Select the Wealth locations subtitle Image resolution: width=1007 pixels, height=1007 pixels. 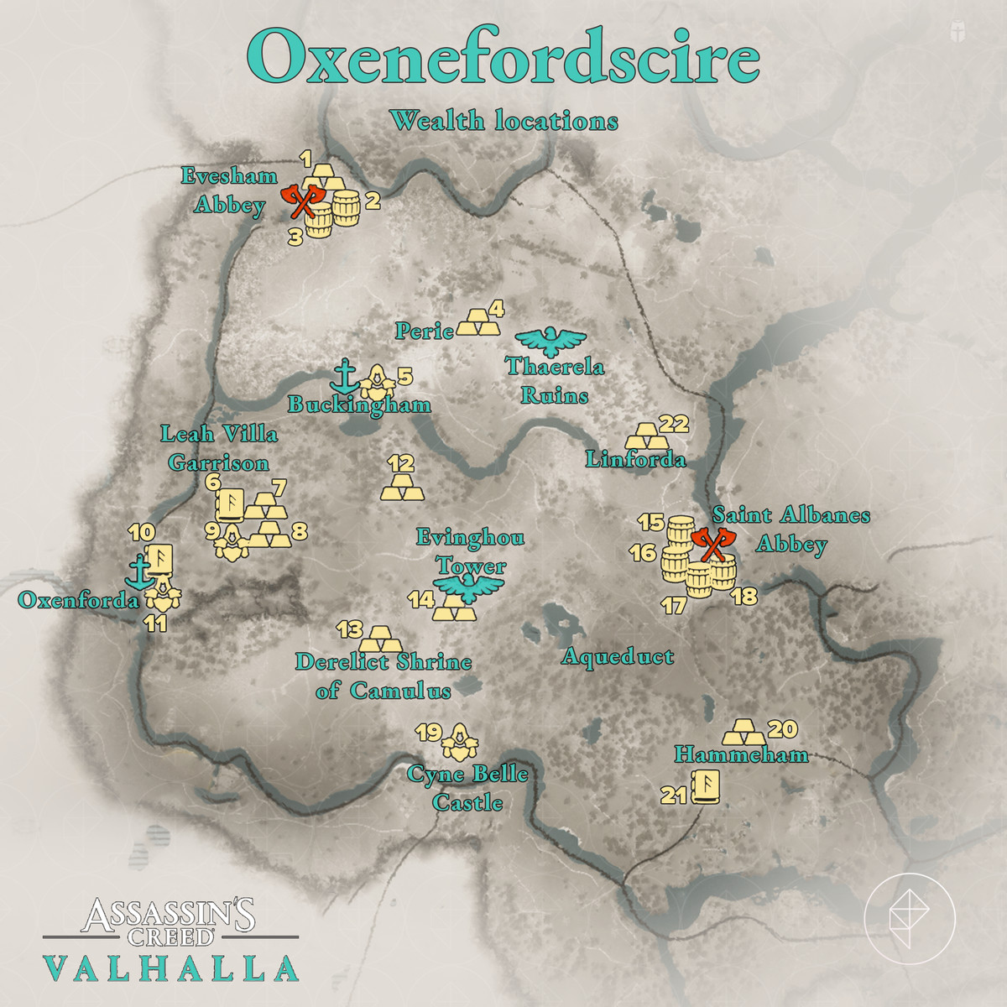tap(503, 121)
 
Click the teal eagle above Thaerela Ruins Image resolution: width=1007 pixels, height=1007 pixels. tap(550, 341)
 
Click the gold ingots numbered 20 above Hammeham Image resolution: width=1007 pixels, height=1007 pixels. tap(744, 732)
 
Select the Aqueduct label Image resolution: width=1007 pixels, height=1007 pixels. tap(618, 656)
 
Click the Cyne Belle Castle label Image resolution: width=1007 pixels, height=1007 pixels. tap(468, 788)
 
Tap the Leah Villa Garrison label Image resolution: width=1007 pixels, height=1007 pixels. tap(220, 448)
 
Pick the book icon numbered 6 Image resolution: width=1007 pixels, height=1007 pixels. tap(231, 503)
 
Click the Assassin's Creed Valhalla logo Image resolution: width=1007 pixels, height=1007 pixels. tap(170, 940)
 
